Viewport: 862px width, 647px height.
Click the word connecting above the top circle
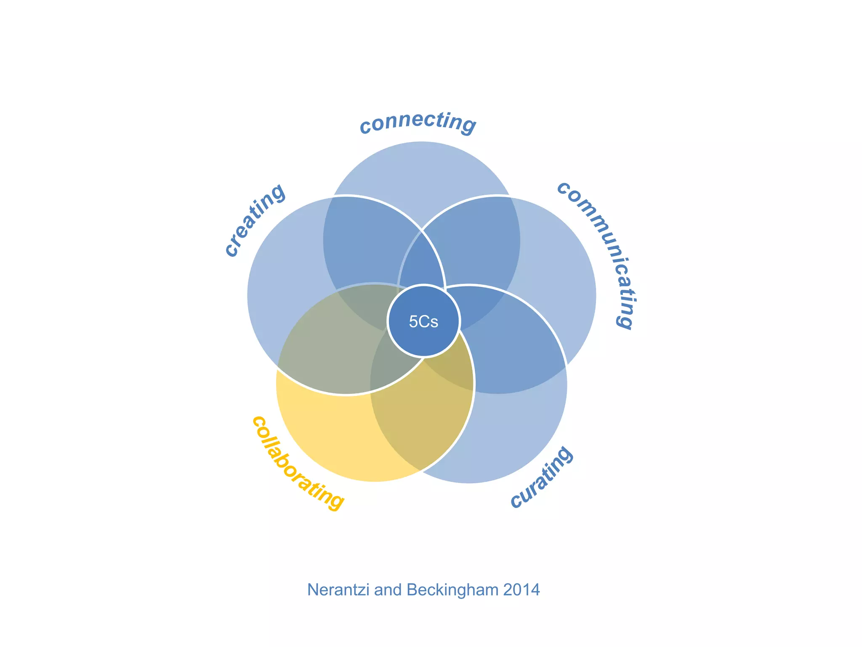coord(418,122)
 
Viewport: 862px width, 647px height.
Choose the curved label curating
coord(541,478)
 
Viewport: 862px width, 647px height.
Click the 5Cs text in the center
coord(423,322)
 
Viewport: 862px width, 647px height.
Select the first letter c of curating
coord(516,501)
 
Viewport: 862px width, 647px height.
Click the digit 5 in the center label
coord(413,322)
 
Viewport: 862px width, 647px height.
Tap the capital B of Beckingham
coord(413,590)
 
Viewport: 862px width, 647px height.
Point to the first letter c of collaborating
coord(258,421)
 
